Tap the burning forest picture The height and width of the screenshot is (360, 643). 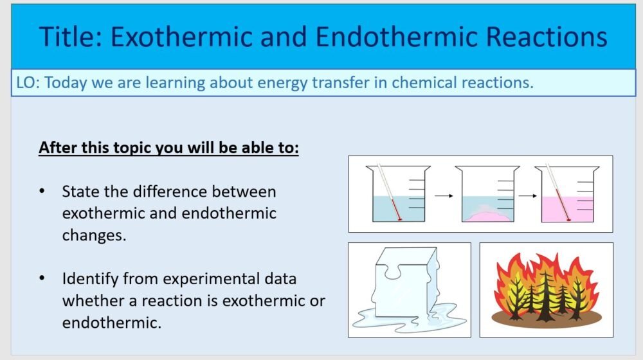(x=546, y=289)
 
